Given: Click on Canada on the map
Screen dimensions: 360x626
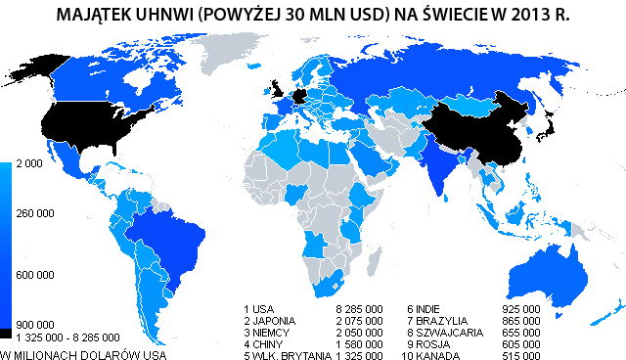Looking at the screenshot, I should (x=117, y=78).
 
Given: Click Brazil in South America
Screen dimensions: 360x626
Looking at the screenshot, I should (x=176, y=240).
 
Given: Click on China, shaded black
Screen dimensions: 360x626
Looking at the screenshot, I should (x=479, y=127).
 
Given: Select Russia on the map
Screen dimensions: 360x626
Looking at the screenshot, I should (x=440, y=68).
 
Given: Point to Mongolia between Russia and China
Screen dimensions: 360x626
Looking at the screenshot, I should (x=469, y=103).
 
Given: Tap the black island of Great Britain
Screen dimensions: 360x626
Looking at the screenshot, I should (x=277, y=91).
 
